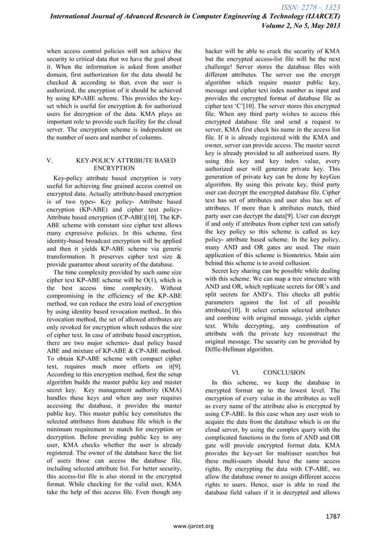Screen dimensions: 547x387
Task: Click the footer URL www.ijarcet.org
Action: coord(193,525)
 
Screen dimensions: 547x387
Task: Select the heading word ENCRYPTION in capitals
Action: coord(115,168)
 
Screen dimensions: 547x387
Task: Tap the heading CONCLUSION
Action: coord(285,372)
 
